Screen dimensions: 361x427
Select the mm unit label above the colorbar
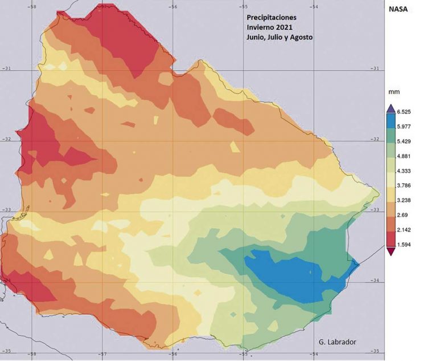pyautogui.click(x=393, y=91)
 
